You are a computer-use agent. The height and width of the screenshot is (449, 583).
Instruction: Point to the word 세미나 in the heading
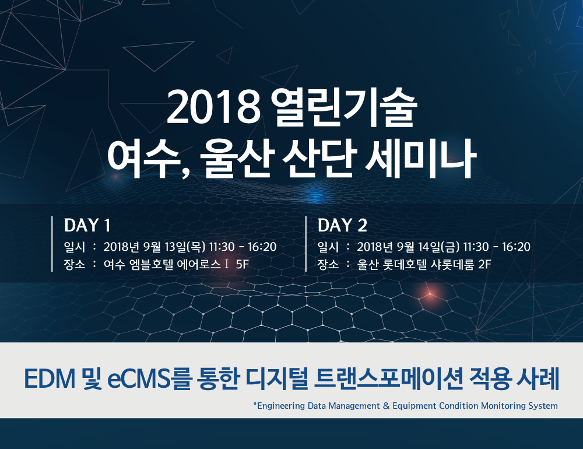pyautogui.click(x=421, y=159)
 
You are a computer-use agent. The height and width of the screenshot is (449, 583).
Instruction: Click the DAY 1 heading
pyautogui.click(x=87, y=226)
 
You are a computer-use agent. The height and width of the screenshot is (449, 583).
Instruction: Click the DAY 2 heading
pyautogui.click(x=342, y=226)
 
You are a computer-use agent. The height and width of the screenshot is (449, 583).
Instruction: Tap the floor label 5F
pyautogui.click(x=242, y=265)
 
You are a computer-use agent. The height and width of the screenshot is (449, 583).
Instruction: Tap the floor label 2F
pyautogui.click(x=484, y=265)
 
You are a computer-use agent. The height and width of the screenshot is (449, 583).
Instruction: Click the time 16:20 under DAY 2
pyautogui.click(x=516, y=247)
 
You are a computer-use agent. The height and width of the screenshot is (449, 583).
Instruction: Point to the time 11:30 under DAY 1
pyautogui.click(x=222, y=247)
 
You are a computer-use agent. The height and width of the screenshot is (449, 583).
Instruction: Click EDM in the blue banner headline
pyautogui.click(x=50, y=379)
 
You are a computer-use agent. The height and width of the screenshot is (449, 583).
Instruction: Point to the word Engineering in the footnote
pyautogui.click(x=282, y=406)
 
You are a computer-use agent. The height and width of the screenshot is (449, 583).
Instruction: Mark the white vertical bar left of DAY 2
pyautogui.click(x=306, y=244)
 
